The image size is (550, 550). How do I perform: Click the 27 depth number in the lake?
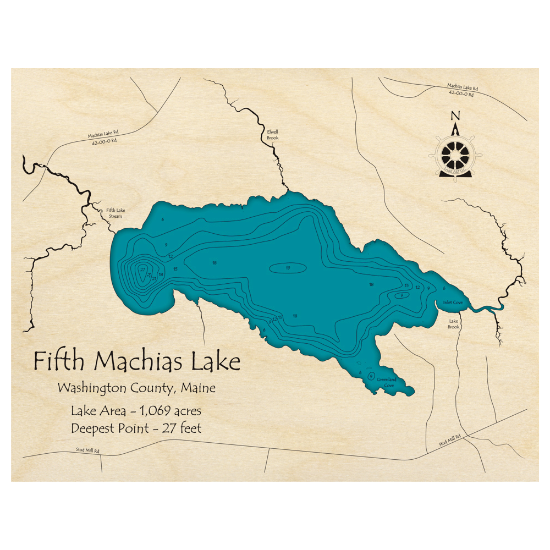pos(142,270)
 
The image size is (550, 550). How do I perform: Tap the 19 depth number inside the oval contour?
pos(288,268)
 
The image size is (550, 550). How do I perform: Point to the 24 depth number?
pos(149,274)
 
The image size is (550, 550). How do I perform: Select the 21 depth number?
pos(155,279)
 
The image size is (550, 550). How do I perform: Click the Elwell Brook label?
pos(273,135)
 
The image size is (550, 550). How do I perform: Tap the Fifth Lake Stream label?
pos(114,213)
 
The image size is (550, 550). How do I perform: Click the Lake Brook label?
pos(454,324)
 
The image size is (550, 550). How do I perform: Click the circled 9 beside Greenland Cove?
pos(372,376)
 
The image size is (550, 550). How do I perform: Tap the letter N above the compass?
pos(455,116)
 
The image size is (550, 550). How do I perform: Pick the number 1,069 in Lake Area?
pos(154,411)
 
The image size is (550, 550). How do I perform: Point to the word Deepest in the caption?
pos(92,428)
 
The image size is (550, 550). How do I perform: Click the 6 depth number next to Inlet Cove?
pos(444,288)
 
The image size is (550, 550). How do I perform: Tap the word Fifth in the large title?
pos(59,362)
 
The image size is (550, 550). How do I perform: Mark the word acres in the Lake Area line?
pos(187,411)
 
